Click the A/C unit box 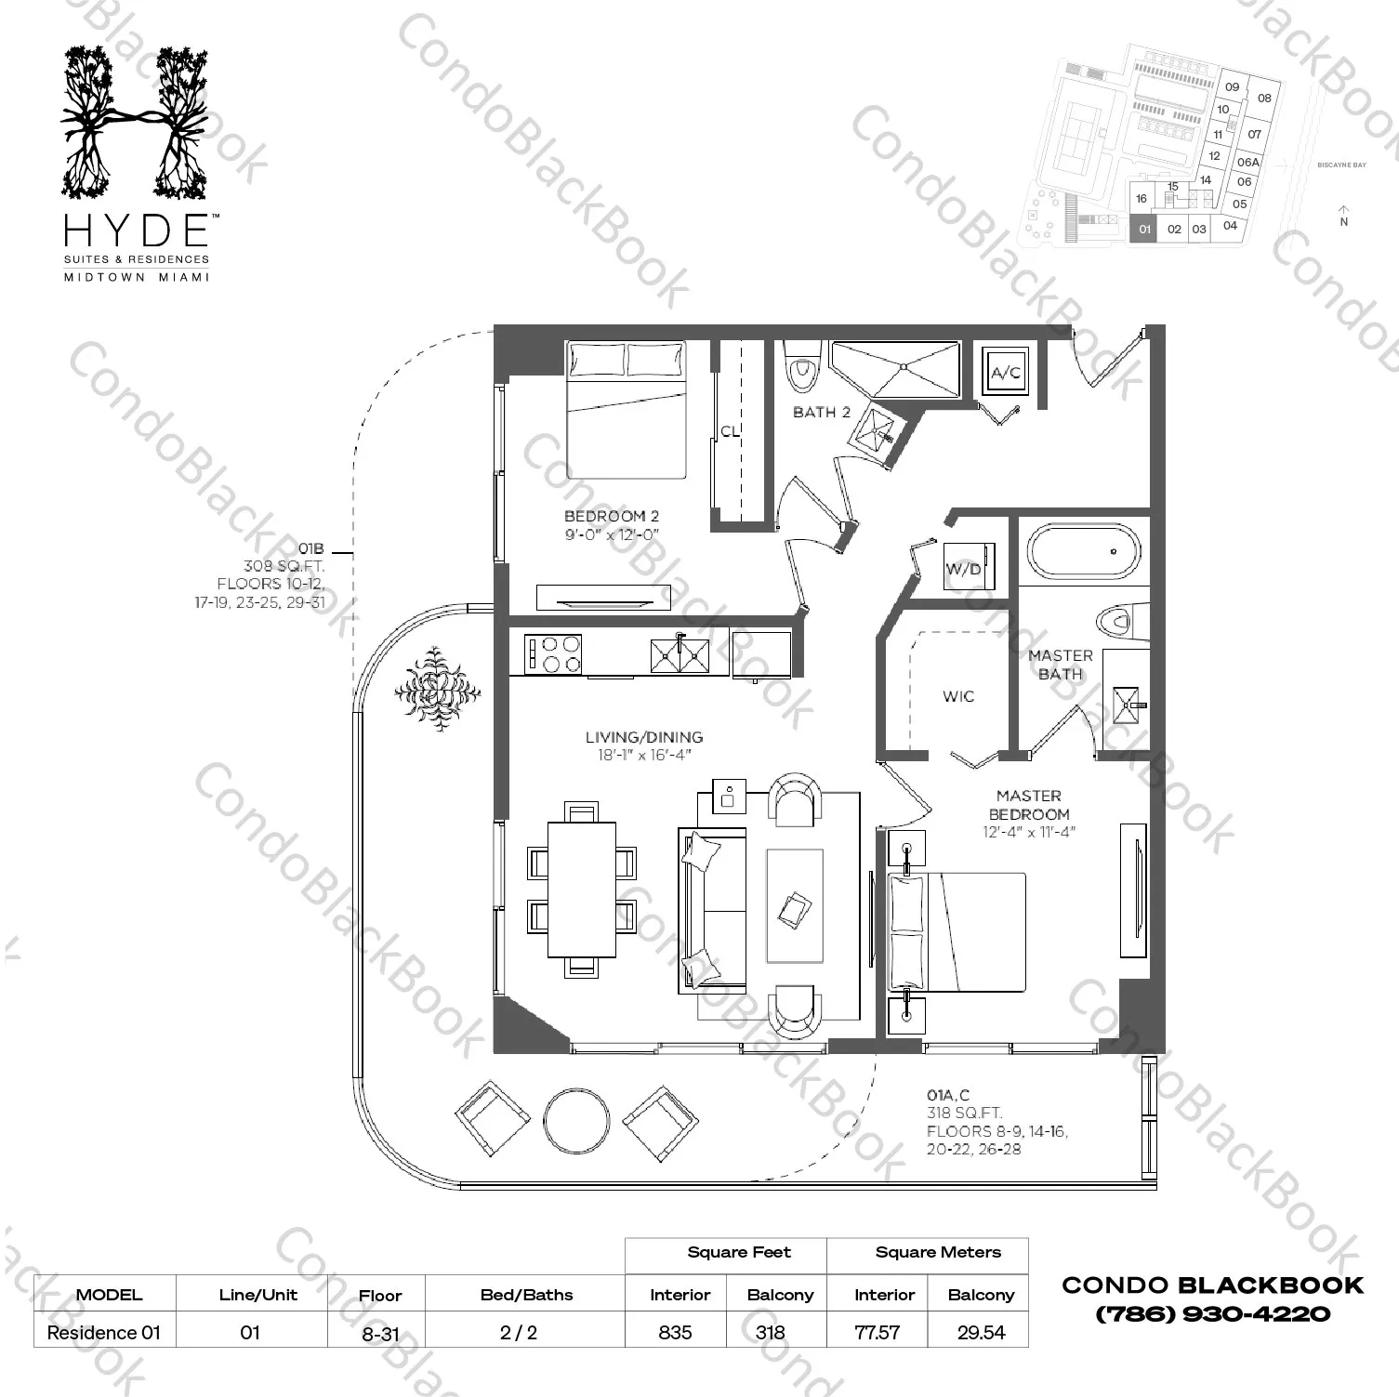(1006, 373)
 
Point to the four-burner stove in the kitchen (553, 653)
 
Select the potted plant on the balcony (437, 690)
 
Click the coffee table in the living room (794, 905)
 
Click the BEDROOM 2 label (612, 517)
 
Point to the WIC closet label (958, 696)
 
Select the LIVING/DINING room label (643, 737)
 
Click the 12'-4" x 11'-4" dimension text (1028, 833)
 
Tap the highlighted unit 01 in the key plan (1144, 229)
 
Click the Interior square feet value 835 (675, 1332)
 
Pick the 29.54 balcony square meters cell (981, 1332)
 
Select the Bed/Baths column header (526, 1295)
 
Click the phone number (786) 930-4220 (1212, 1314)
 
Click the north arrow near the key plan (1343, 215)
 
